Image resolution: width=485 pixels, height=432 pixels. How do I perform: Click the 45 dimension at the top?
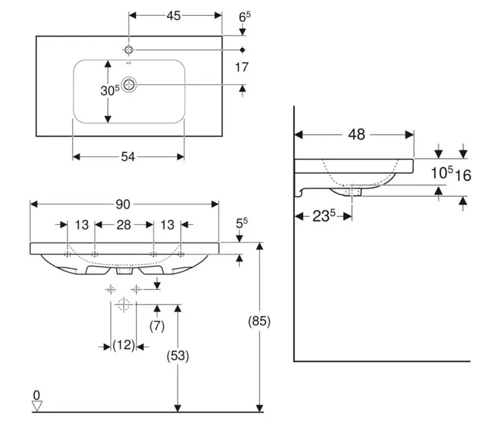(174, 16)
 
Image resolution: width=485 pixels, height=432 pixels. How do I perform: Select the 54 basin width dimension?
(128, 157)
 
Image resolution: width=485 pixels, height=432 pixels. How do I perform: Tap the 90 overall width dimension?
(123, 204)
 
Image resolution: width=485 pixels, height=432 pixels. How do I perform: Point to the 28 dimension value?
(123, 225)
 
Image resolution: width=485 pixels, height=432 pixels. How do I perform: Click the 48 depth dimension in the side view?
(355, 135)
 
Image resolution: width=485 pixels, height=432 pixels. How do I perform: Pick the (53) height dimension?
(177, 356)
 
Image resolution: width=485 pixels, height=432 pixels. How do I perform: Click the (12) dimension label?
(123, 346)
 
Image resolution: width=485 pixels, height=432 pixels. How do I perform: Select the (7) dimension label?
(157, 326)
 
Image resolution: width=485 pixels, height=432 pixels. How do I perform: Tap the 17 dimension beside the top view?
(241, 67)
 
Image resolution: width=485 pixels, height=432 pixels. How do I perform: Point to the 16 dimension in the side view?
(463, 175)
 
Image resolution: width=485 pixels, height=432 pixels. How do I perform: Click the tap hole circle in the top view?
(129, 49)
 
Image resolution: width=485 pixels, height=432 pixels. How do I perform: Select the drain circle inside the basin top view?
(129, 84)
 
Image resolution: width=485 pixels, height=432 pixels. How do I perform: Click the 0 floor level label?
(37, 395)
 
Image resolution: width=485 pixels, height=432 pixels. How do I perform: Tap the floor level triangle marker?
(38, 406)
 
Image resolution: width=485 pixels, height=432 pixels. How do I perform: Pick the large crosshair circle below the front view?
(123, 304)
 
